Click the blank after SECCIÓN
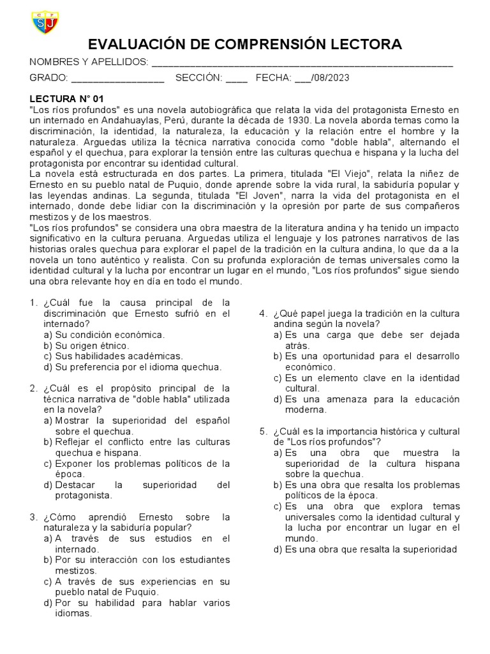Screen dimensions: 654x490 236,79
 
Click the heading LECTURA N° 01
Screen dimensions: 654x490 66,99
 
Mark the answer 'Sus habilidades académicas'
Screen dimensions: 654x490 113,356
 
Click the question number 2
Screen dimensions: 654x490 33,388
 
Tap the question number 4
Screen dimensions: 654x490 262,313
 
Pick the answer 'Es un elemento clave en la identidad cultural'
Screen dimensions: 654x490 371,383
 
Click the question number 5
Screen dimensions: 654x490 262,431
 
